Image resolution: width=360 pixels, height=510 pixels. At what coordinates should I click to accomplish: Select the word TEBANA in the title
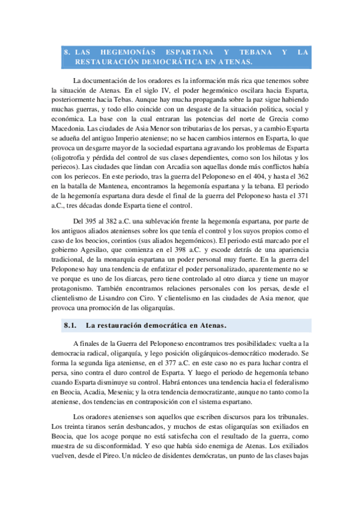pos(256,52)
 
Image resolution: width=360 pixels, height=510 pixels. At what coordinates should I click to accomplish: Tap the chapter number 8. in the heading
pos(67,52)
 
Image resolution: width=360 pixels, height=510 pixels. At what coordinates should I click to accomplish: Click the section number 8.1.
pos(72,326)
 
